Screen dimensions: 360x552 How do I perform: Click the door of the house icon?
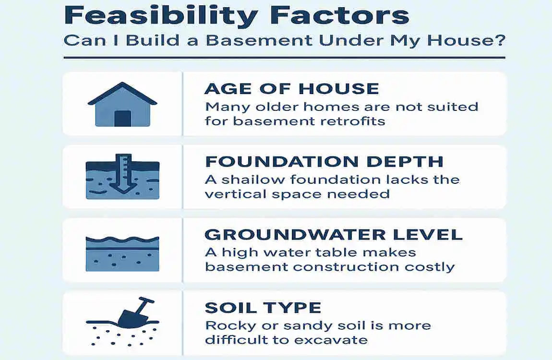coord(122,118)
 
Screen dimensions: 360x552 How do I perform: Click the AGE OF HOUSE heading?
coord(292,88)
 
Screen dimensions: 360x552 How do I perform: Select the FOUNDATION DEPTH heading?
coord(324,161)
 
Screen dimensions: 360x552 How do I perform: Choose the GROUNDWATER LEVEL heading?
coord(334,234)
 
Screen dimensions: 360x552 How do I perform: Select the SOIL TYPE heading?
coord(263,307)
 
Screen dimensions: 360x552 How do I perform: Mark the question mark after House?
coord(499,39)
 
